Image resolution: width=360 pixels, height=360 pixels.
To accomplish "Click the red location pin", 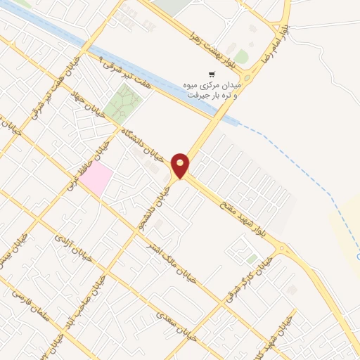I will point(181,165).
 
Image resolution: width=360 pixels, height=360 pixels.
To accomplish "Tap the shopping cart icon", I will point(211,75).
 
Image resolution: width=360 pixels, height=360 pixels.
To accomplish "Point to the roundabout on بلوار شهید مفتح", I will point(283,248).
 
